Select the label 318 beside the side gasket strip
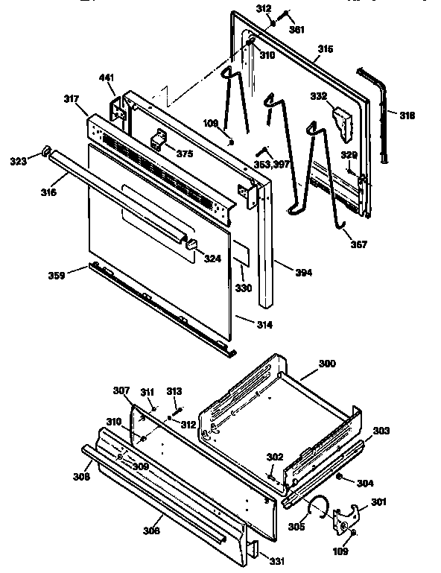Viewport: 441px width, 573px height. point(407,115)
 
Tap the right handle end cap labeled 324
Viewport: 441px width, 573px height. point(191,244)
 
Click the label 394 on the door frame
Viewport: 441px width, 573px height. point(303,273)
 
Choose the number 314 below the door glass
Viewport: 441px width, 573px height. point(264,325)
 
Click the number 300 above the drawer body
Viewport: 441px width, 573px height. point(326,364)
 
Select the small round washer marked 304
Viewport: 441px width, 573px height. point(339,476)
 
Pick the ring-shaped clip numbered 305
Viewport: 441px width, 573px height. point(318,507)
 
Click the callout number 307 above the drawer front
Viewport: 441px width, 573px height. point(121,390)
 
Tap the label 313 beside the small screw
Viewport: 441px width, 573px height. point(174,390)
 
